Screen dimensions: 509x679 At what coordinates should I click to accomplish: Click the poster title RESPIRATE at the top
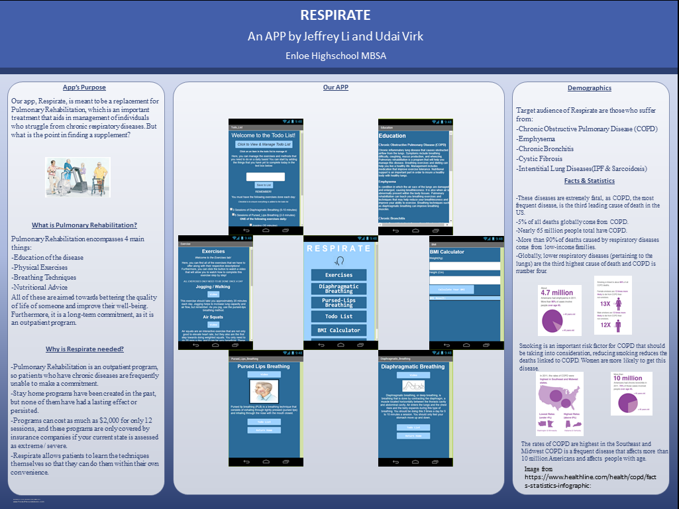pos(335,15)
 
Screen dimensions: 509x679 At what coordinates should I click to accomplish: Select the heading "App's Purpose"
pos(84,87)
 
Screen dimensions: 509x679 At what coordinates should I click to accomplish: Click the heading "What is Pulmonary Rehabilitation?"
pos(83,225)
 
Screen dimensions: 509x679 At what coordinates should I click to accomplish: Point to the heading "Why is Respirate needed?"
pos(85,349)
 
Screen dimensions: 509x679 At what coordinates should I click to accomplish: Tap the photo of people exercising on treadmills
pos(78,176)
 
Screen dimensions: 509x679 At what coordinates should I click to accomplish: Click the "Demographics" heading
pos(589,88)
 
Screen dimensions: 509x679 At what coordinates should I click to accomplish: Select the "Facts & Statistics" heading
pos(589,180)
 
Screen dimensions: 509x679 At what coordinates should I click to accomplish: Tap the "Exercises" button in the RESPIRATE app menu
pos(339,274)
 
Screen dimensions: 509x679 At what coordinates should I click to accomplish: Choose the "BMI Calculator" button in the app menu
pos(339,330)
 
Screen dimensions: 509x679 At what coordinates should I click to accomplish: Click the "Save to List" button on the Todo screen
pos(264,185)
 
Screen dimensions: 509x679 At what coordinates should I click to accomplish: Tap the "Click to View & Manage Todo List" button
pos(264,144)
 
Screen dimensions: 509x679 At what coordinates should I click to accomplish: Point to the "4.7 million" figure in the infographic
pos(556,292)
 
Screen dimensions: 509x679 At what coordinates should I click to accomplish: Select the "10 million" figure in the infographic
pos(627,378)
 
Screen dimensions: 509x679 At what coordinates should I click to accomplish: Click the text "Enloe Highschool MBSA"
pos(335,56)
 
